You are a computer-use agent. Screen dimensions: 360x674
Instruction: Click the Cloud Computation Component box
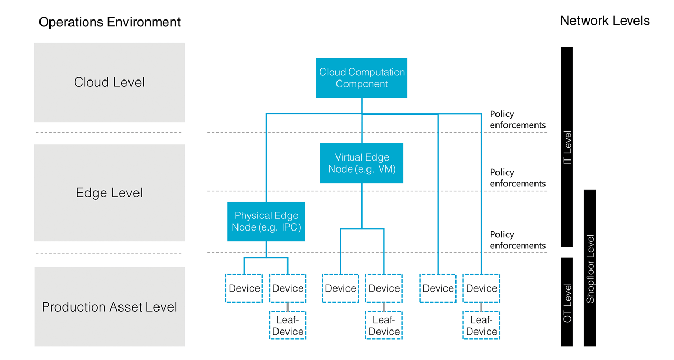click(x=362, y=78)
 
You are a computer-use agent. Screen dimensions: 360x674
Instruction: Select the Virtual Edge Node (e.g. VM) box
click(x=362, y=163)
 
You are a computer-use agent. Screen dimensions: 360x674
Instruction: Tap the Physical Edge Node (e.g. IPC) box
click(x=266, y=222)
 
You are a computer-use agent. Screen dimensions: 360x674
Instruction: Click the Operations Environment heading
click(x=110, y=22)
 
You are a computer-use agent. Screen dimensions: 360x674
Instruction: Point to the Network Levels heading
click(x=604, y=21)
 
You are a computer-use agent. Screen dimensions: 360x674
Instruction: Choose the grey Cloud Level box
click(x=110, y=83)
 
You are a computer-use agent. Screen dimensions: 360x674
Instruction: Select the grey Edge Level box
click(x=110, y=193)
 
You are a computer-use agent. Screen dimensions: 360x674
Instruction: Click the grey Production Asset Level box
click(x=110, y=307)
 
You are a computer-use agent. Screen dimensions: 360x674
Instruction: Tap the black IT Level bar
click(x=567, y=147)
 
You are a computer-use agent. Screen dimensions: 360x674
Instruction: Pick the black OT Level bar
click(x=567, y=302)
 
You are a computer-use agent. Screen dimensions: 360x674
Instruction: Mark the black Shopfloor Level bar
click(x=590, y=268)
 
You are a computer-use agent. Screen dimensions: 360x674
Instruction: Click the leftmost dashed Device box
click(x=244, y=288)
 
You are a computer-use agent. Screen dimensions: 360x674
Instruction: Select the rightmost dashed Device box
click(x=481, y=288)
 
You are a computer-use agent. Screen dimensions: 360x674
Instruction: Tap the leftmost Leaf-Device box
click(x=288, y=326)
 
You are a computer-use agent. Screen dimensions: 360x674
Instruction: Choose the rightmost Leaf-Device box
click(x=481, y=326)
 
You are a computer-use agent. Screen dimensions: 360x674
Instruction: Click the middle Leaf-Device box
click(x=384, y=326)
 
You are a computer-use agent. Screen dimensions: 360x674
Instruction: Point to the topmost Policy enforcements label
click(x=518, y=119)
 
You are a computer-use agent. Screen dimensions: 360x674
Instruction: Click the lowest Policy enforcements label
click(x=518, y=240)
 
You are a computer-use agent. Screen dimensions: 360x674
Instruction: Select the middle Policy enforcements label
click(x=518, y=178)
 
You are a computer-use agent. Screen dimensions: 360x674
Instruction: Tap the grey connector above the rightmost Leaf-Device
click(x=481, y=307)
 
